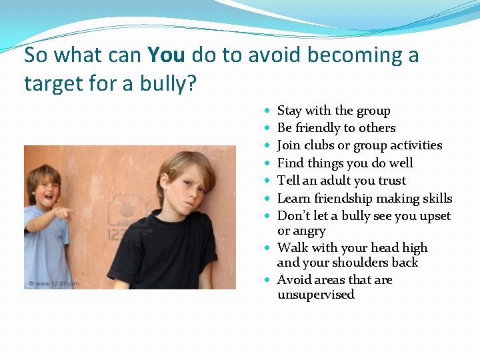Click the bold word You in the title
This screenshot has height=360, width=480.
click(165, 55)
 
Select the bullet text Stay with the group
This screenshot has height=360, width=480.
click(333, 111)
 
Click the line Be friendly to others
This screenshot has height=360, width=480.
click(336, 128)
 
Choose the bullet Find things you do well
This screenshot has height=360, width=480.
click(345, 163)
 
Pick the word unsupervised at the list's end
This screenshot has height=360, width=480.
click(315, 295)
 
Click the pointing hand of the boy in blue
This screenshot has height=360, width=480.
click(64, 213)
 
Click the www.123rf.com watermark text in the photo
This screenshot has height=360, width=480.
click(53, 283)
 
